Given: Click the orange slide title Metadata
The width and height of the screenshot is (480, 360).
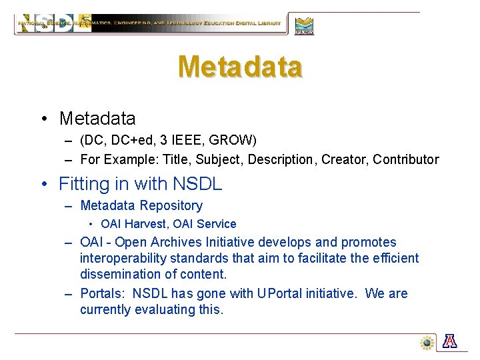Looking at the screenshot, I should (x=240, y=66).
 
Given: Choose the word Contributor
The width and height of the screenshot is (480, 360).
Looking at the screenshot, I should (x=406, y=159).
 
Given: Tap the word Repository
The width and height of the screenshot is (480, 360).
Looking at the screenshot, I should (x=171, y=206).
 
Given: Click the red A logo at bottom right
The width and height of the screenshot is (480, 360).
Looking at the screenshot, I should (x=451, y=341).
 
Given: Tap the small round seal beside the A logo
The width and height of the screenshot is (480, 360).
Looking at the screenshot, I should (x=427, y=342).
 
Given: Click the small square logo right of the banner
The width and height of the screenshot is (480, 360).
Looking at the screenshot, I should (x=304, y=25).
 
